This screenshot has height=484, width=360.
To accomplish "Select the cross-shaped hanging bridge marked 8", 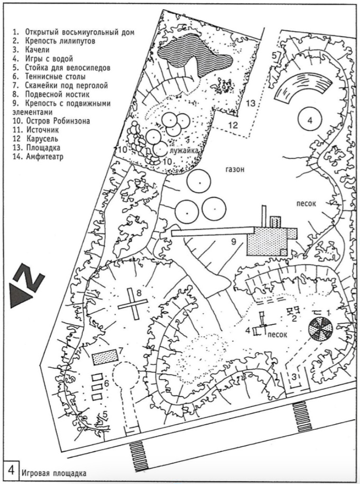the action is [133, 305].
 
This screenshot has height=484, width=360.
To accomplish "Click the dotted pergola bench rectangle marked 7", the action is [106, 356].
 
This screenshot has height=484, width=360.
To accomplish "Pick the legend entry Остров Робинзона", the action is [52, 121].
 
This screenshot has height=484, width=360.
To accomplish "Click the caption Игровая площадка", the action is [53, 473].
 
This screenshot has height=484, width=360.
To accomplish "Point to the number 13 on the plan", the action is [251, 103].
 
